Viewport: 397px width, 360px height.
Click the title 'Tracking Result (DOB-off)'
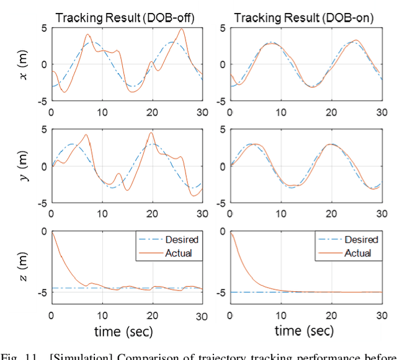[125, 18]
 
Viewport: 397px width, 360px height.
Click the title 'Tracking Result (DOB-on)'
[304, 18]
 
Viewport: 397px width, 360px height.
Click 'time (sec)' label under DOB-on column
[304, 330]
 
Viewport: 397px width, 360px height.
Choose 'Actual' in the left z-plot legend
[179, 252]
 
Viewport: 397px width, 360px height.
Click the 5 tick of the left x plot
[43, 28]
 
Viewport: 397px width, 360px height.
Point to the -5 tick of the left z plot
[40, 292]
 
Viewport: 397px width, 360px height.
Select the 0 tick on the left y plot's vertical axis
[43, 166]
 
